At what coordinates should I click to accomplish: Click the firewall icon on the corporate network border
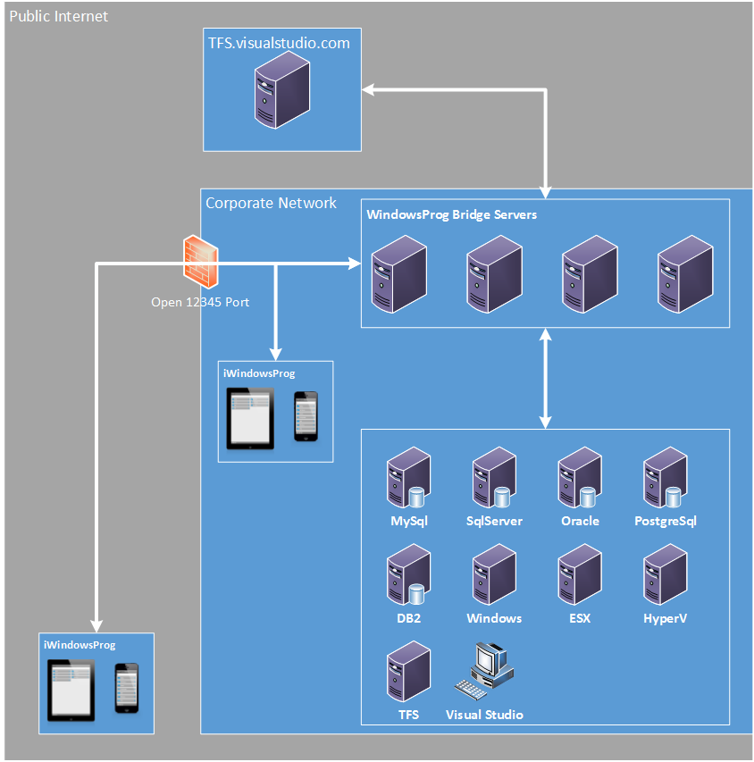pyautogui.click(x=199, y=259)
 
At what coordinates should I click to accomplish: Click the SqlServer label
pyautogui.click(x=494, y=521)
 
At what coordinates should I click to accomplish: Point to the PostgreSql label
pyautogui.click(x=665, y=521)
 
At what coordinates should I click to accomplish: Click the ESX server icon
pyautogui.click(x=579, y=577)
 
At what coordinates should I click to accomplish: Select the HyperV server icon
pyautogui.click(x=665, y=577)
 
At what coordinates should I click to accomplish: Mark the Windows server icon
pyautogui.click(x=494, y=577)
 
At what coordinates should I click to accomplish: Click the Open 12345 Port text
pyautogui.click(x=200, y=302)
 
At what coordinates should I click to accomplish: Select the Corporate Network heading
pyautogui.click(x=271, y=203)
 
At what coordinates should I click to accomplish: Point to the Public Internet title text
pyautogui.click(x=58, y=16)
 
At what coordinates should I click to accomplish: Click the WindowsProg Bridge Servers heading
pyautogui.click(x=452, y=214)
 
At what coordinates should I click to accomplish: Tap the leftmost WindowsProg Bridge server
pyautogui.click(x=398, y=273)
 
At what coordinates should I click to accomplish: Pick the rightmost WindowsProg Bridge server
pyautogui.click(x=685, y=273)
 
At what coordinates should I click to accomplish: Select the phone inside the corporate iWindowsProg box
pyautogui.click(x=306, y=416)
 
